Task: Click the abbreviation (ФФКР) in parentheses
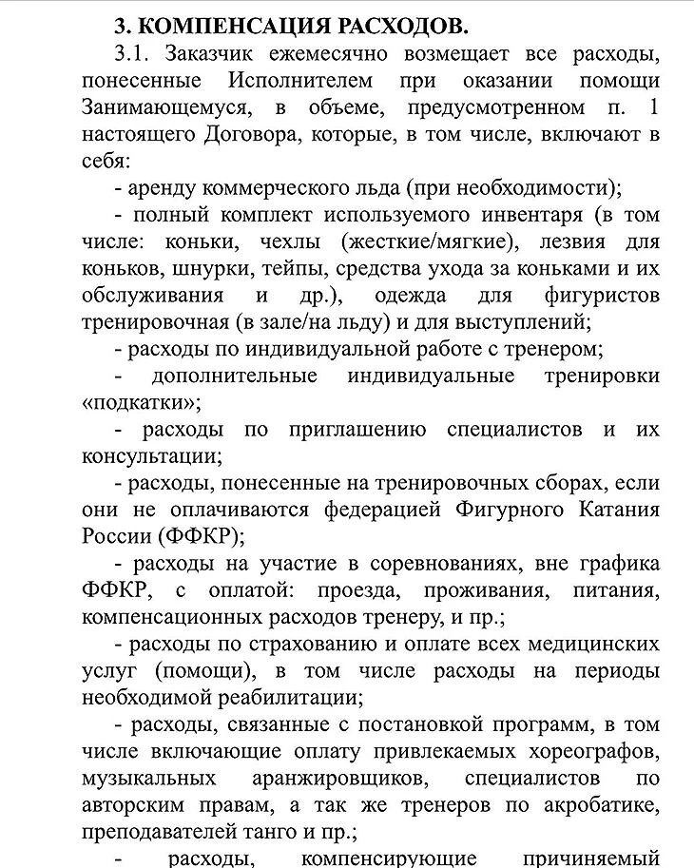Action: pos(202,535)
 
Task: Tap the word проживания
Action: pos(488,589)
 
